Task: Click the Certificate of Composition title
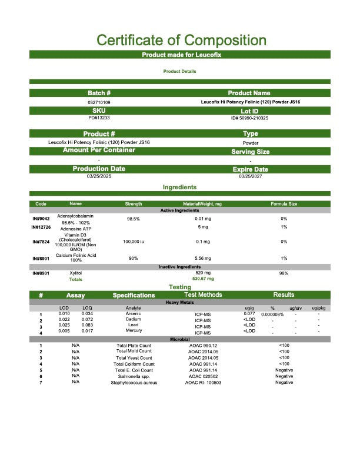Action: click(x=181, y=41)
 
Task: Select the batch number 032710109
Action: click(x=99, y=102)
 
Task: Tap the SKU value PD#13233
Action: click(x=99, y=118)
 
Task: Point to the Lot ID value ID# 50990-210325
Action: click(x=250, y=118)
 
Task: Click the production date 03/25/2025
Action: click(x=99, y=176)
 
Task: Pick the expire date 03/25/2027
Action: click(x=250, y=176)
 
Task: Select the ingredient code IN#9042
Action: click(x=41, y=219)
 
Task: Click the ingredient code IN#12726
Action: click(x=41, y=227)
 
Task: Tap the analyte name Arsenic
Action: click(x=134, y=314)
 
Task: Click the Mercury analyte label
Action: click(x=134, y=330)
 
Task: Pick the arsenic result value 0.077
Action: click(x=249, y=314)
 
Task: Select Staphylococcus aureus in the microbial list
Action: click(x=134, y=382)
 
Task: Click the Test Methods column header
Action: click(x=203, y=295)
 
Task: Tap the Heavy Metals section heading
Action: click(x=179, y=302)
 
